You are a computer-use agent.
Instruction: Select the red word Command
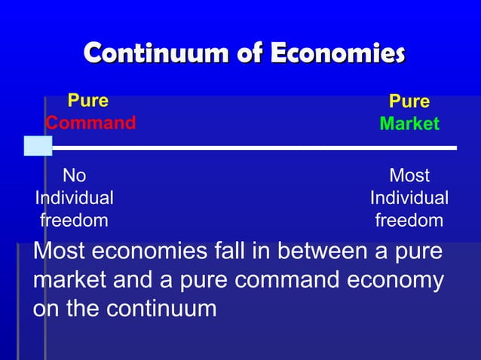[90, 123]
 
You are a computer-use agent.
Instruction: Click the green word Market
[409, 124]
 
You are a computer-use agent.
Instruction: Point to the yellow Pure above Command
[88, 101]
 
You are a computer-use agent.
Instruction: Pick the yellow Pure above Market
[409, 102]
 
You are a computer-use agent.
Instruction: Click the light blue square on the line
[38, 145]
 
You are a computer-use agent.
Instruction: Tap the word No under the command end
[74, 176]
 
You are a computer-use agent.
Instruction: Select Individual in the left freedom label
[75, 198]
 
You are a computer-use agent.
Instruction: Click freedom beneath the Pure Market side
[409, 221]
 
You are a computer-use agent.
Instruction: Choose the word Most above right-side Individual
[409, 176]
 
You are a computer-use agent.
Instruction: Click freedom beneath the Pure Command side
[74, 221]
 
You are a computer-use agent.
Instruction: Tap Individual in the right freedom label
[409, 198]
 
